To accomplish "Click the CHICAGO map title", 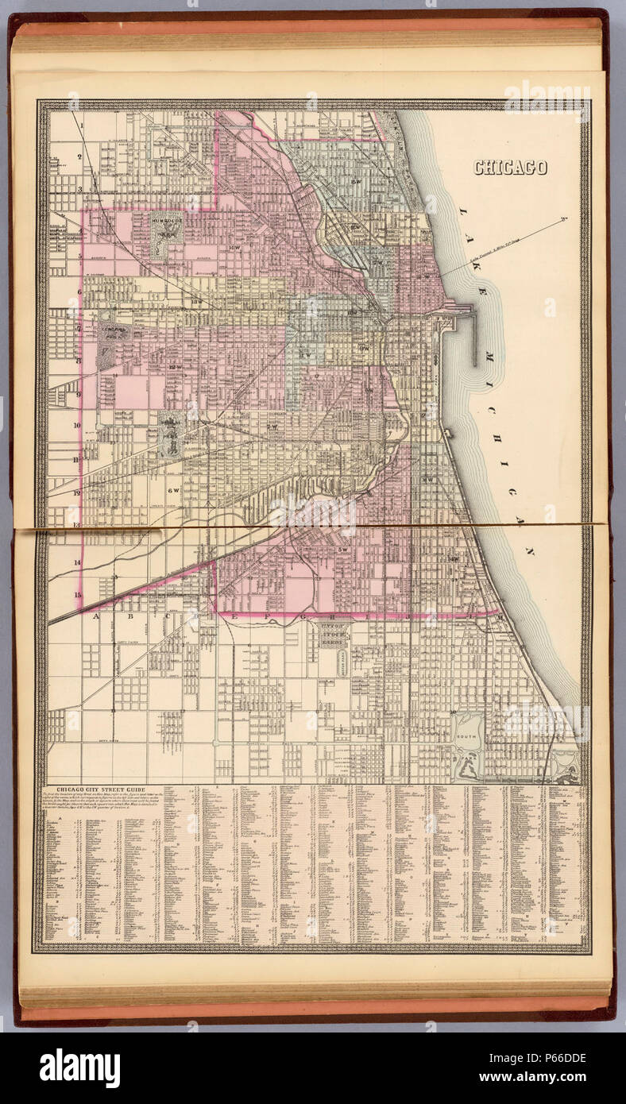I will tap(510, 168).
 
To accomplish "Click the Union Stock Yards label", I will tap(339, 634).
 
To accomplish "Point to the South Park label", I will tap(466, 738).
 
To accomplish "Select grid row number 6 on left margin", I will tap(79, 291).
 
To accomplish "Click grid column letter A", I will tap(97, 616).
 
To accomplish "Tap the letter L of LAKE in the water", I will tap(462, 213).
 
